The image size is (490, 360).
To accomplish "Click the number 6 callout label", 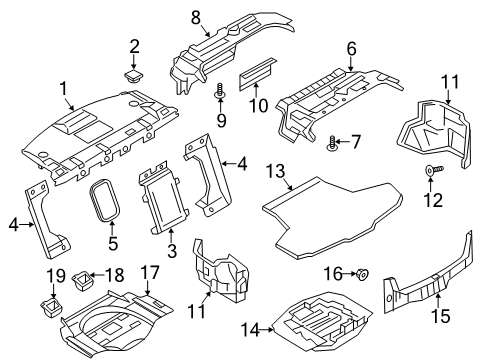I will tap(351, 48).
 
